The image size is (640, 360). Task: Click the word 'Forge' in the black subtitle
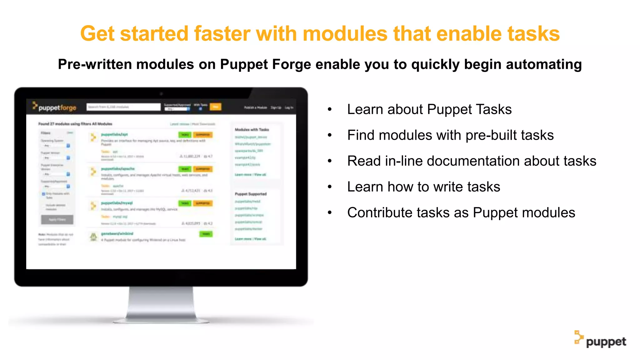pyautogui.click(x=291, y=64)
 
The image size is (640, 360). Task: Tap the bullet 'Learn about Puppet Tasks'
pyautogui.click(x=429, y=109)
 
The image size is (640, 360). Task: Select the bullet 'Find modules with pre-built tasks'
pyautogui.click(x=450, y=135)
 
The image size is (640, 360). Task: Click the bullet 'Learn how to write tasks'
pyautogui.click(x=423, y=187)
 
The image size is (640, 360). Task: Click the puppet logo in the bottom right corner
pyautogui.click(x=600, y=340)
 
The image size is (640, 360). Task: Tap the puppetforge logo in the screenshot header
pyautogui.click(x=55, y=107)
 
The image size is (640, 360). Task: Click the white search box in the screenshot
pyautogui.click(x=123, y=107)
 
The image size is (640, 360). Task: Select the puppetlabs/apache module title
pyautogui.click(x=117, y=169)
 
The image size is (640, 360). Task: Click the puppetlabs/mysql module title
pyautogui.click(x=117, y=203)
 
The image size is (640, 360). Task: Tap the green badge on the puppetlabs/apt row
pyautogui.click(x=185, y=135)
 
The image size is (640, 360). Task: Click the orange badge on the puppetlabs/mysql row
pyautogui.click(x=203, y=203)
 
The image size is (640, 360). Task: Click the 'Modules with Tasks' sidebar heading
pyautogui.click(x=252, y=129)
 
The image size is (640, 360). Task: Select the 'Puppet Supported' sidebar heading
pyautogui.click(x=251, y=194)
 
